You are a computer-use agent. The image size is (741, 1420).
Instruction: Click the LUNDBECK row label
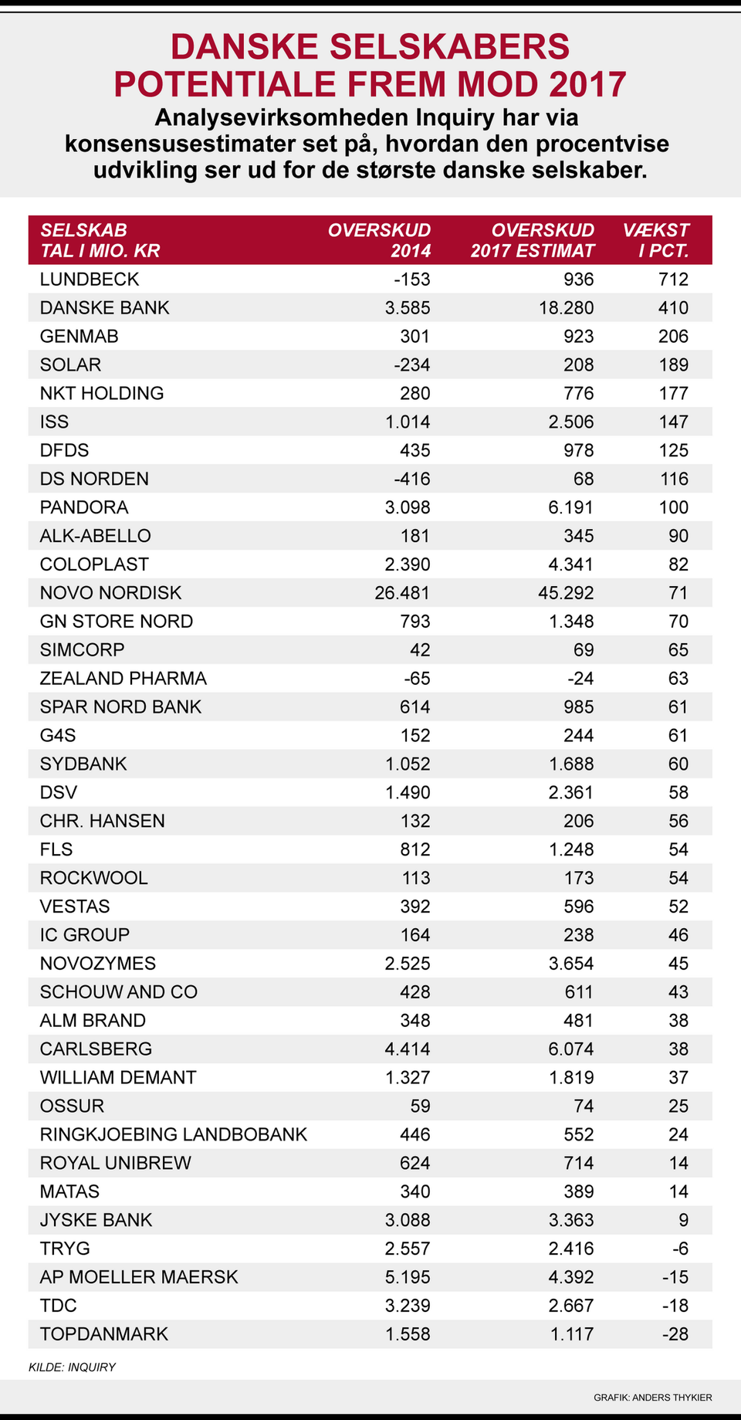click(90, 280)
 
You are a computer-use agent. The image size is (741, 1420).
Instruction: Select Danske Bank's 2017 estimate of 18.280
click(567, 308)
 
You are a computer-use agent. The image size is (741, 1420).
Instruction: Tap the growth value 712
click(673, 280)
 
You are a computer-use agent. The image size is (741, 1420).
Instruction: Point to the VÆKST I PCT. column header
click(657, 240)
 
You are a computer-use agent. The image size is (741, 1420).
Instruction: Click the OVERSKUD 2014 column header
click(379, 240)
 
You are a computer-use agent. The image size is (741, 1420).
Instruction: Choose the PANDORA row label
click(84, 507)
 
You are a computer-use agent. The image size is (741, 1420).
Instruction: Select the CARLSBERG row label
click(96, 1049)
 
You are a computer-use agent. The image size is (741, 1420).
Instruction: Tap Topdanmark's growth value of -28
click(675, 1334)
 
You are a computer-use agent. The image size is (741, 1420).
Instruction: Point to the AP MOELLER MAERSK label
click(139, 1277)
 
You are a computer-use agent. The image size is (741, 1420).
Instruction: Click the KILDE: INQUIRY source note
click(72, 1367)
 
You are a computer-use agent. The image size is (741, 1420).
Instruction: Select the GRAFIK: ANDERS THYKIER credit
click(652, 1398)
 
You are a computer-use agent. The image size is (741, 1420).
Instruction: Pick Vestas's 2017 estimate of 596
click(579, 907)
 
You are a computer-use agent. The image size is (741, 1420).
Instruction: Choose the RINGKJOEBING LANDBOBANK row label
click(174, 1134)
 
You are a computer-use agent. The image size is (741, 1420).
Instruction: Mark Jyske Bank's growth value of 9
click(683, 1220)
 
